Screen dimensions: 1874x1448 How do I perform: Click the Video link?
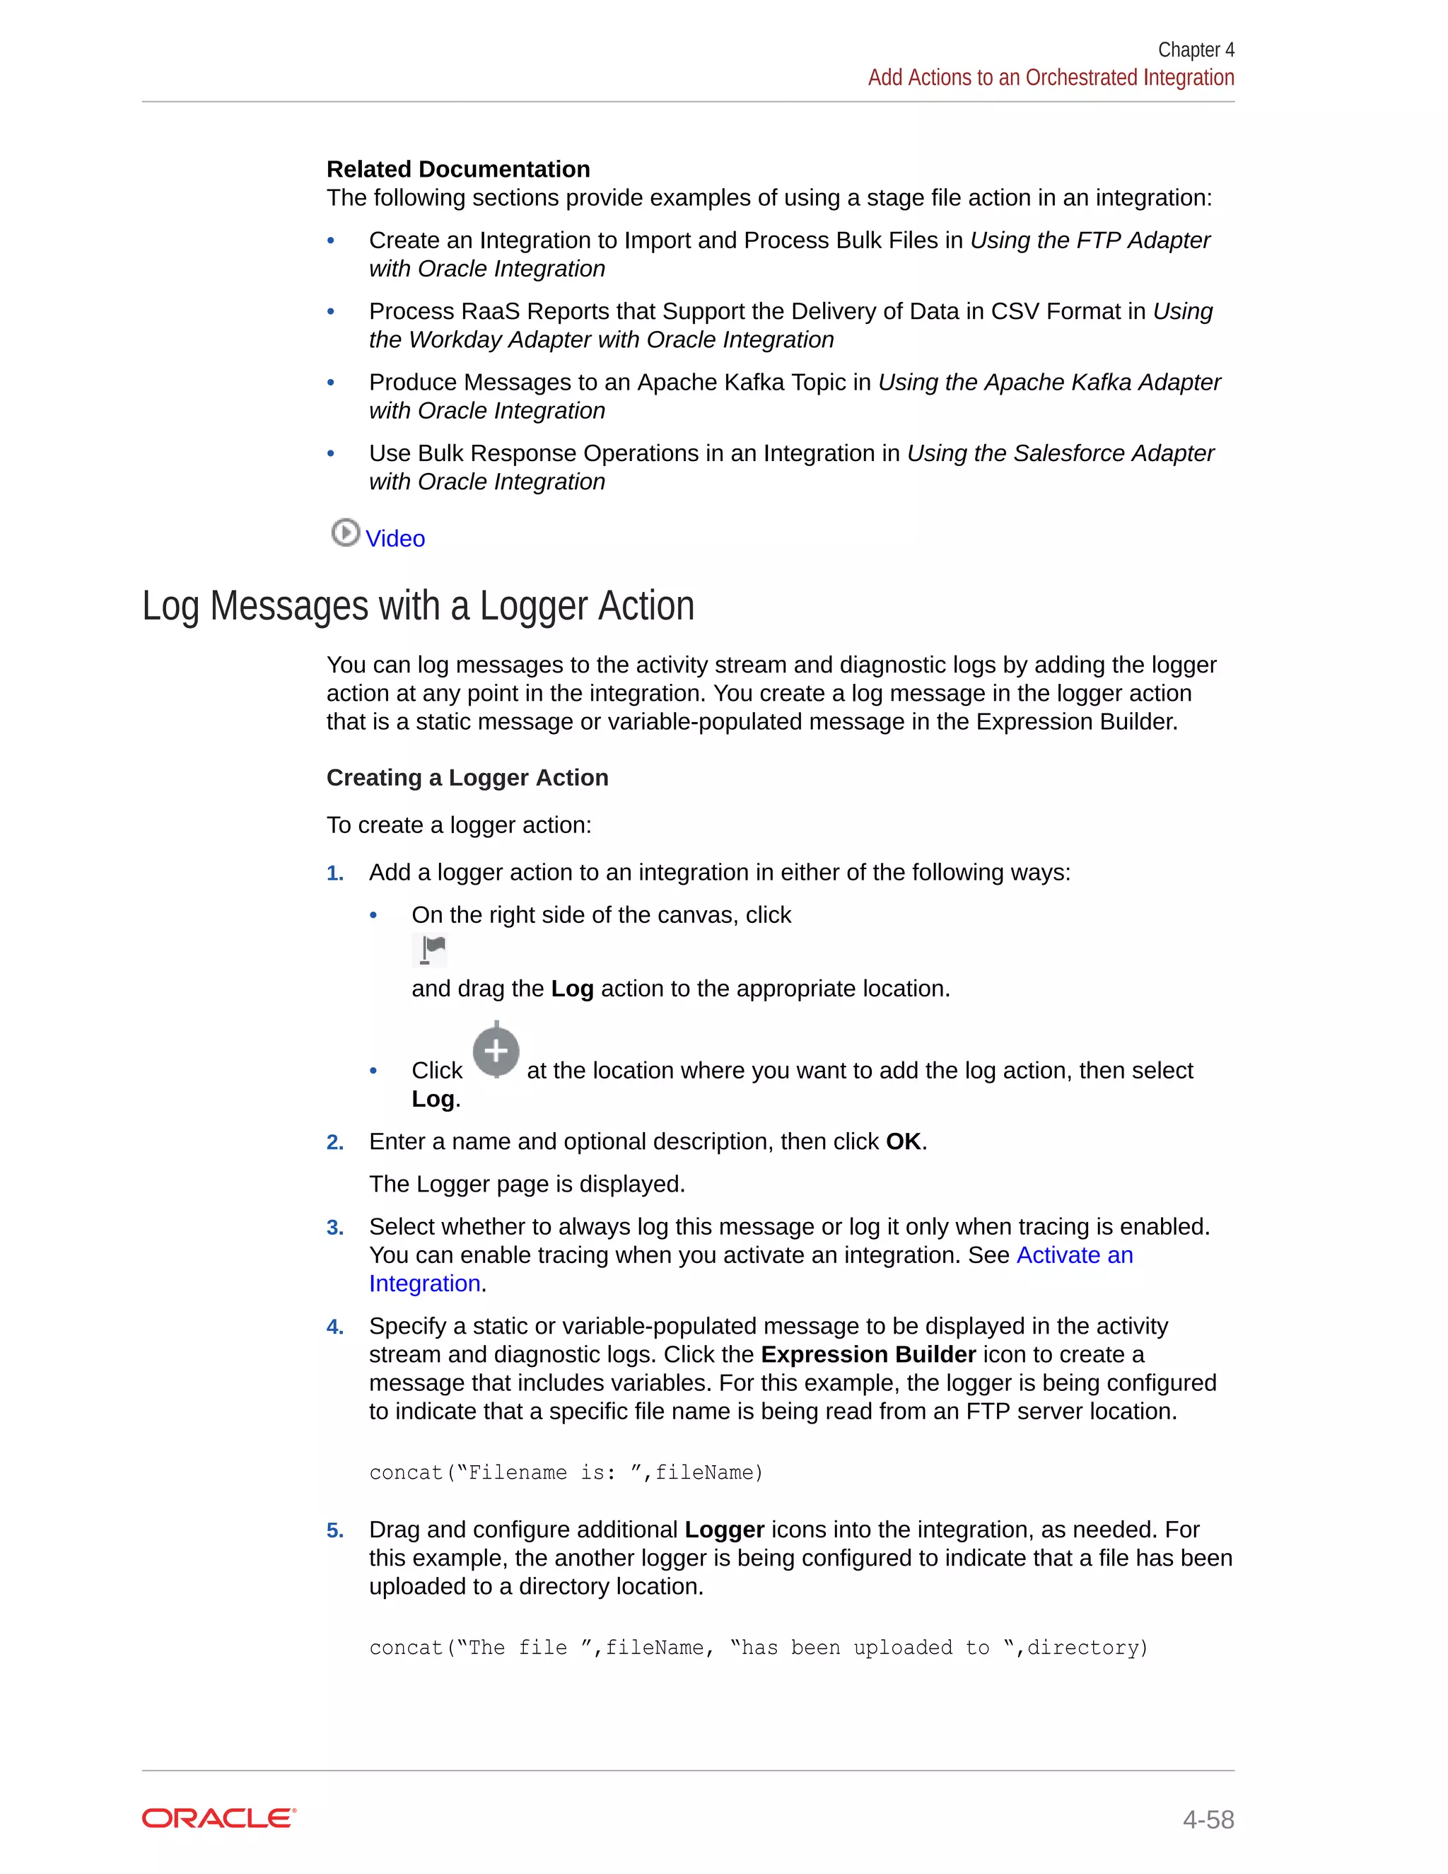(395, 539)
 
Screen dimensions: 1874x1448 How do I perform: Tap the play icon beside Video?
(345, 533)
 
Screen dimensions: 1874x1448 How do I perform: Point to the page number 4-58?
(1208, 1819)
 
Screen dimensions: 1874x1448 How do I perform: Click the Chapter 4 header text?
(1196, 50)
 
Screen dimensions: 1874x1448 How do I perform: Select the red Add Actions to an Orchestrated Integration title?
(1051, 78)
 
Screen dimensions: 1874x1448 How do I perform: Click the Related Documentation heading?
(458, 169)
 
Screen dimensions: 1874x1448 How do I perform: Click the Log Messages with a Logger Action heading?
(418, 606)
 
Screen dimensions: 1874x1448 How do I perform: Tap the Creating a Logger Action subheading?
(467, 777)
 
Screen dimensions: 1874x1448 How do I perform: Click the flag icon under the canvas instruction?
(431, 950)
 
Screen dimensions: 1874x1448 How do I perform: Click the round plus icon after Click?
(496, 1050)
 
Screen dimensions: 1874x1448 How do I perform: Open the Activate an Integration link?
(1074, 1255)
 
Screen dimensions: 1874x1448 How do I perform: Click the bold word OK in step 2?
(904, 1142)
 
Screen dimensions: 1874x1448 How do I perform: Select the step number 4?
(334, 1327)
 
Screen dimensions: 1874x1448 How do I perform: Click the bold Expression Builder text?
(868, 1355)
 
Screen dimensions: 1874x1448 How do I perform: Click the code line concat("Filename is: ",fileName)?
(566, 1473)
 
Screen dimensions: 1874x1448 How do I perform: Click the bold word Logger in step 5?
(724, 1530)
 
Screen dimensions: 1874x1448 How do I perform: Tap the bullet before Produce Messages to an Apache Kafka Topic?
(331, 383)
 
